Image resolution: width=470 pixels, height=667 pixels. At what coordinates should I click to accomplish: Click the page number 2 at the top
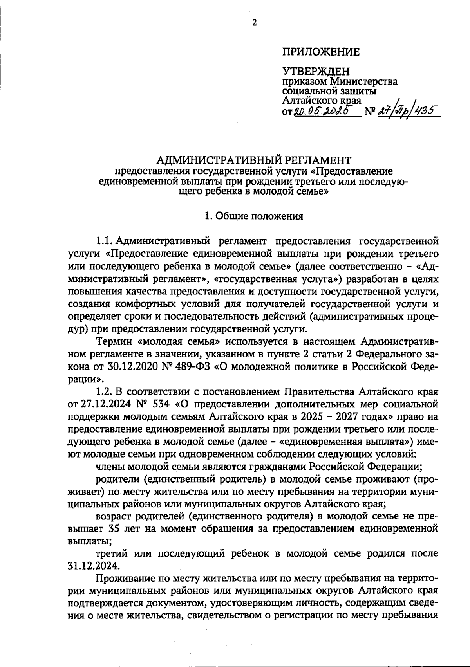point(254,23)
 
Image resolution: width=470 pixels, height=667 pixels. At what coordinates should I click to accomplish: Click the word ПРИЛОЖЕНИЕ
point(321,52)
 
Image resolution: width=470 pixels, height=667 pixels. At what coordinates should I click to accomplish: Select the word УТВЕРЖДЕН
point(316,72)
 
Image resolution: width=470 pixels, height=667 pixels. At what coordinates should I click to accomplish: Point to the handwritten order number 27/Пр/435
point(404,111)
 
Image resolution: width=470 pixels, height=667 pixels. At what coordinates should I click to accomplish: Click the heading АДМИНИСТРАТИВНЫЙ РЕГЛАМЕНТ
point(254,160)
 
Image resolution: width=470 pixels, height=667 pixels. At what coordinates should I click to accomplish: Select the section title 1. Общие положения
point(254,216)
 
